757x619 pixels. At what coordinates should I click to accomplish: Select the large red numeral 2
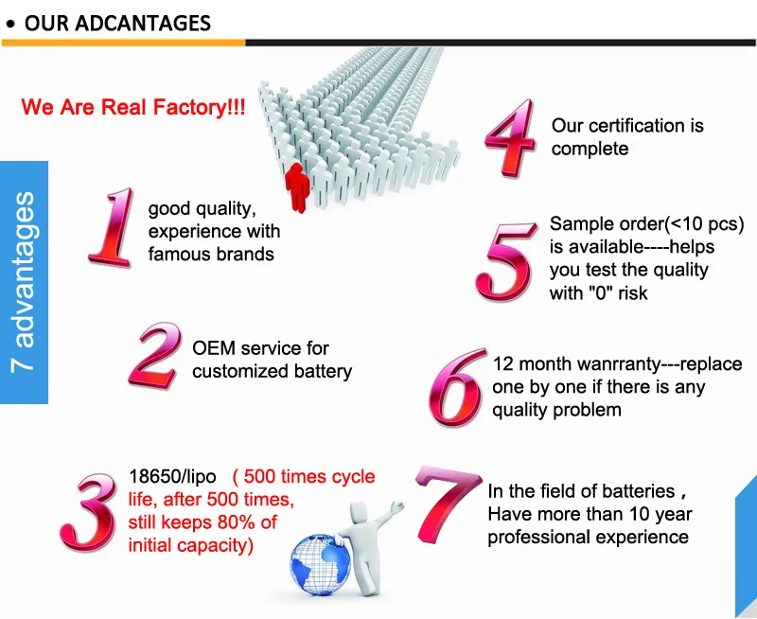[x=155, y=355]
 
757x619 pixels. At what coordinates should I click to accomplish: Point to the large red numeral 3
[x=89, y=512]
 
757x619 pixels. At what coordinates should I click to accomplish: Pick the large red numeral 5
[x=506, y=261]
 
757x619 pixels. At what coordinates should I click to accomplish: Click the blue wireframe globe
[x=321, y=564]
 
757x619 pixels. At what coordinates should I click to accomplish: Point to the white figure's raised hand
[x=396, y=507]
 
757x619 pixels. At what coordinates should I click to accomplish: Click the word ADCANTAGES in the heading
[x=143, y=23]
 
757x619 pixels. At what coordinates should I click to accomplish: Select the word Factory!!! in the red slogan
[x=199, y=107]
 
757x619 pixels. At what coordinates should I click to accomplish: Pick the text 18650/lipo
[x=172, y=477]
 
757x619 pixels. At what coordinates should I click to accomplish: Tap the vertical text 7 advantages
[x=25, y=282]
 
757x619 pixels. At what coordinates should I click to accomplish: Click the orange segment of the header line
[x=124, y=43]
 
